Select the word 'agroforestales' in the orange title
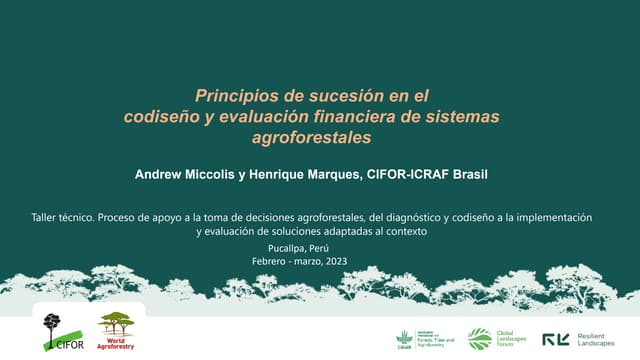(x=311, y=137)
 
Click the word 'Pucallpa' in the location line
(x=289, y=247)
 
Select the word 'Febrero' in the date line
(x=271, y=261)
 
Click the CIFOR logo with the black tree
(x=58, y=331)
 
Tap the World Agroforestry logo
(x=116, y=330)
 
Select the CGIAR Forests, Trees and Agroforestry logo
(x=426, y=339)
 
